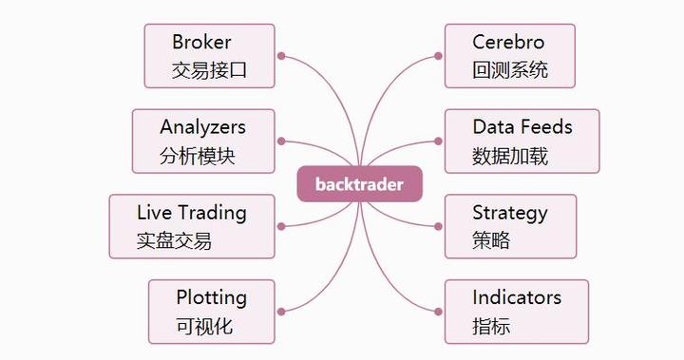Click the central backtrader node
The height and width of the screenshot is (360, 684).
pyautogui.click(x=359, y=184)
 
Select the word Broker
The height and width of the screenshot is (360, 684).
pyautogui.click(x=201, y=42)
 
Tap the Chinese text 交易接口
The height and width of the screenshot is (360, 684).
pyautogui.click(x=210, y=70)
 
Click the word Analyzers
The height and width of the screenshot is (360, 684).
pyautogui.click(x=202, y=127)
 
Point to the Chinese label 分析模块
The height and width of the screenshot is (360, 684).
pyautogui.click(x=198, y=156)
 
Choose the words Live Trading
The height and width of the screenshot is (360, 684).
pyautogui.click(x=191, y=212)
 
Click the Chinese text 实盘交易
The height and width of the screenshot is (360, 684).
pyautogui.click(x=174, y=240)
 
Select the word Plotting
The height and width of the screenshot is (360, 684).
pyautogui.click(x=211, y=297)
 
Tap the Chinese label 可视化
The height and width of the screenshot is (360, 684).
pyautogui.click(x=204, y=326)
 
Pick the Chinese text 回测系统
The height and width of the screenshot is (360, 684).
pyautogui.click(x=510, y=70)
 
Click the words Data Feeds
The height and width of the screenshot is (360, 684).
pyautogui.click(x=522, y=127)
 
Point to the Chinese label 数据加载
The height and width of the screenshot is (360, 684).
pyautogui.click(x=510, y=156)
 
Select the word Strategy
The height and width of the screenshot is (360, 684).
pyautogui.click(x=510, y=212)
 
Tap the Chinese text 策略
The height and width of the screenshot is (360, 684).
pyautogui.click(x=491, y=240)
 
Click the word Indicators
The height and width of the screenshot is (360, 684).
pyautogui.click(x=517, y=297)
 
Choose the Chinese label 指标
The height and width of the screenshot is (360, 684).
pyautogui.click(x=491, y=326)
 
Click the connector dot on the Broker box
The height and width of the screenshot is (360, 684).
pyautogui.click(x=281, y=56)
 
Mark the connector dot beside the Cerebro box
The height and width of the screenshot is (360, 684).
pyautogui.click(x=438, y=56)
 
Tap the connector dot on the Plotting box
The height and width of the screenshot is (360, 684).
pyautogui.click(x=281, y=312)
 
